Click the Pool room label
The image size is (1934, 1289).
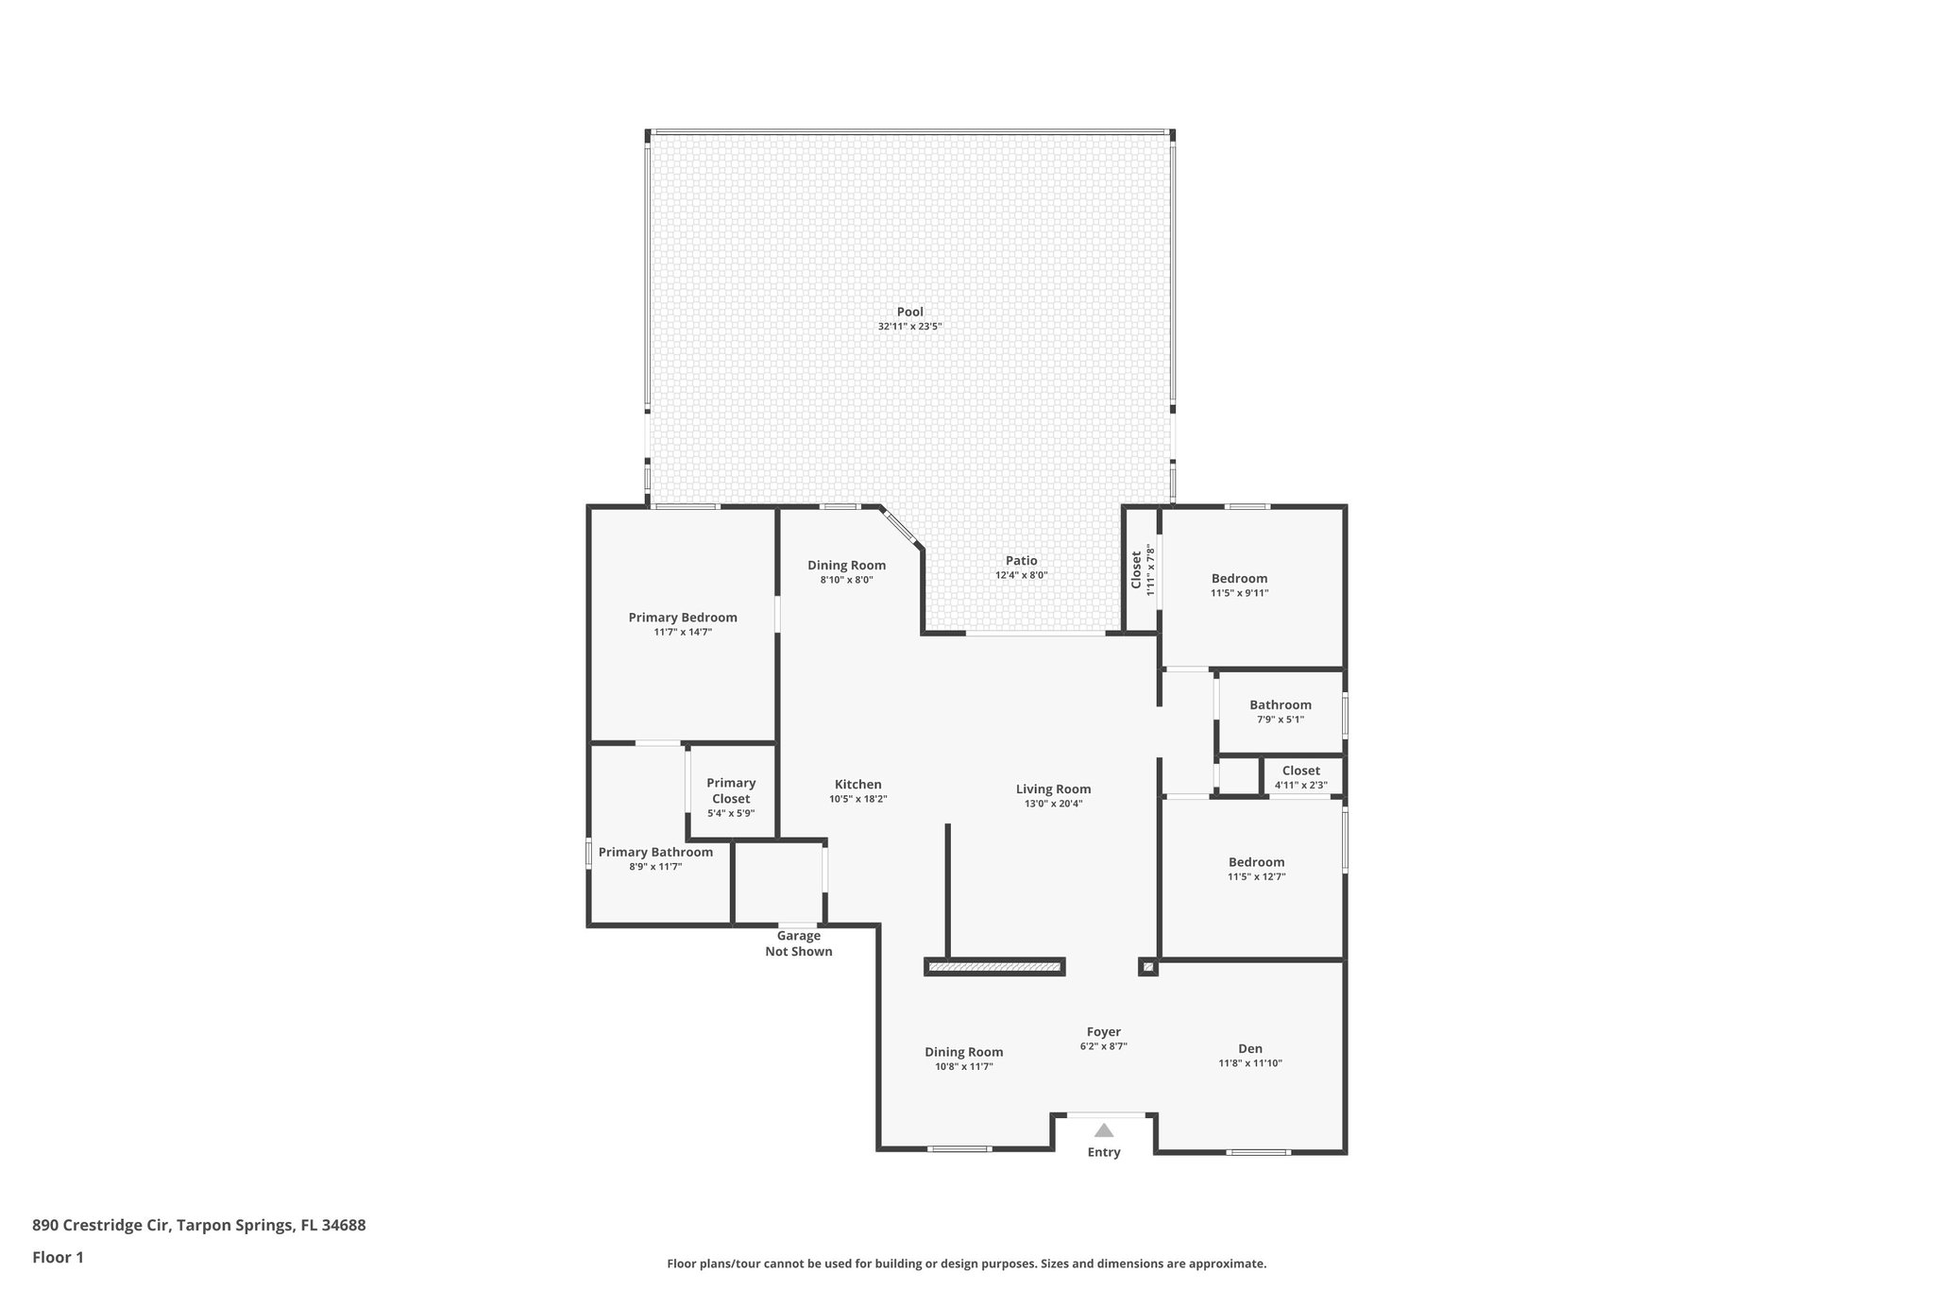point(909,312)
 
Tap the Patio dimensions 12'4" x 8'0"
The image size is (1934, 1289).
point(1021,575)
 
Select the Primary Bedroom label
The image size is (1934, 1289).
point(683,618)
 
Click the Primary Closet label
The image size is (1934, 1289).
point(731,790)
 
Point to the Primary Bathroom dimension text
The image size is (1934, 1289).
point(655,867)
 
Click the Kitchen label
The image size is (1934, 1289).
point(857,784)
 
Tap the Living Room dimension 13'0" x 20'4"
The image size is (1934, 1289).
point(1053,805)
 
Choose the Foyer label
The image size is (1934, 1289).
point(1103,1032)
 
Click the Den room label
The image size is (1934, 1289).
point(1249,1048)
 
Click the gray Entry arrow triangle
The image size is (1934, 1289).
point(1103,1130)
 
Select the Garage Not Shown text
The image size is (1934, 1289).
point(798,943)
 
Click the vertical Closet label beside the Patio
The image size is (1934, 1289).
point(1136,569)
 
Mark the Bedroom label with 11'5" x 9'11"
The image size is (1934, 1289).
point(1239,579)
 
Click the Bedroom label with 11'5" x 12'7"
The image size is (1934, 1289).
point(1256,862)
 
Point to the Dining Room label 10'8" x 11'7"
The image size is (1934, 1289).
point(963,1052)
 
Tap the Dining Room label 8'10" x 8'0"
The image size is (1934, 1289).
point(846,566)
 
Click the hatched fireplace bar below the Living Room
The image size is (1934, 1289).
point(994,967)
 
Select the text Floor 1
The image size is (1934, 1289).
point(58,1257)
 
